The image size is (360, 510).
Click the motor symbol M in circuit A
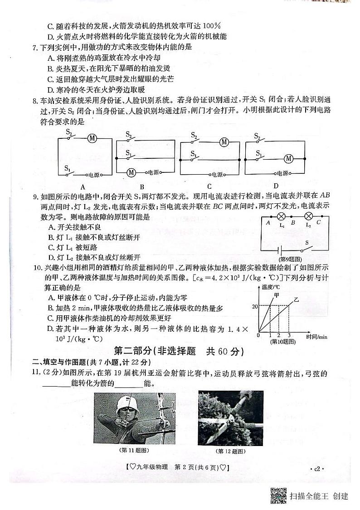[x=92, y=138]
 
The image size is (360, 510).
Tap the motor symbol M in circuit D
[x=288, y=158]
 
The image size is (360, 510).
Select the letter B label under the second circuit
[x=142, y=186]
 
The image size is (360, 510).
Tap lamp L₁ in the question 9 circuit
[x=281, y=216]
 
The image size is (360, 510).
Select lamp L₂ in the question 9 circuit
[x=309, y=216]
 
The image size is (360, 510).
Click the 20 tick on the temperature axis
[x=255, y=307]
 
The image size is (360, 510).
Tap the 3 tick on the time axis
[x=289, y=335]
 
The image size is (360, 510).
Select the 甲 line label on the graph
[x=276, y=295]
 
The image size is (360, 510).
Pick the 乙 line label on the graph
[x=296, y=300]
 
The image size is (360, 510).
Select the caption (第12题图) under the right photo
[x=230, y=451]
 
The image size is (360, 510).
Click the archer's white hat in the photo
[x=126, y=402]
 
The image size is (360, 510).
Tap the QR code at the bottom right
[x=278, y=495]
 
